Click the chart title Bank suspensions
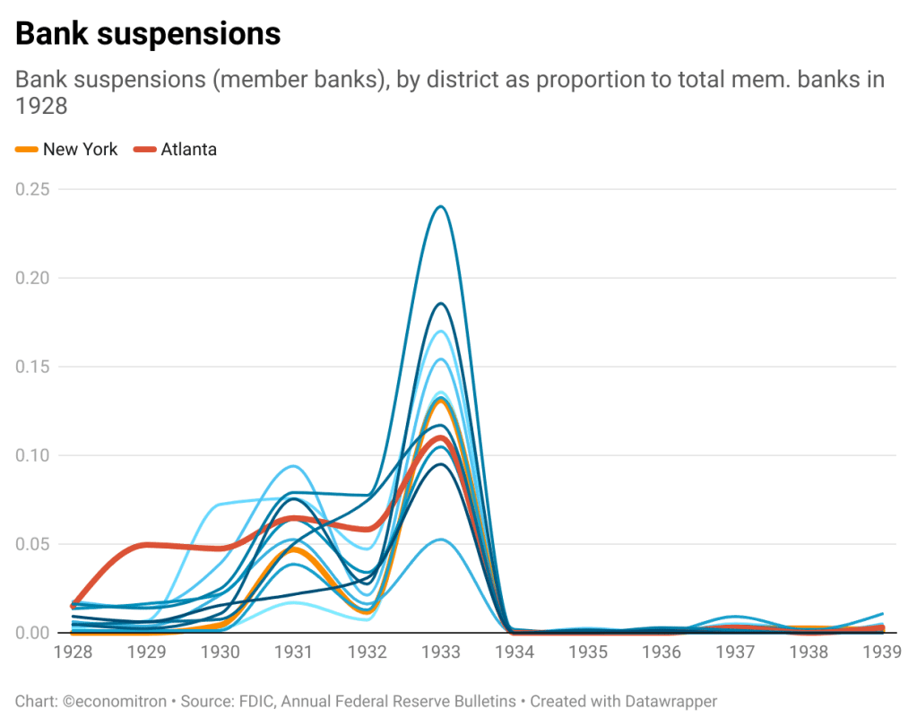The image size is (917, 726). [148, 34]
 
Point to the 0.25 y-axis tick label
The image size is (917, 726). [32, 189]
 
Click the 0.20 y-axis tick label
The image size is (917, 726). [32, 278]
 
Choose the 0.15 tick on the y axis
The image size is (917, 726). [32, 367]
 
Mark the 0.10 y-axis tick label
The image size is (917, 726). [32, 455]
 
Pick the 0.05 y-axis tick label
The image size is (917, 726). [32, 544]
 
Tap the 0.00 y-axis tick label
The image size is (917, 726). [32, 633]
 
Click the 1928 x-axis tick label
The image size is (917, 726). [74, 652]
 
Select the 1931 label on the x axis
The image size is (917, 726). [294, 652]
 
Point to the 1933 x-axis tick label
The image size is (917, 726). [441, 652]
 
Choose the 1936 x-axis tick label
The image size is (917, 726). [662, 652]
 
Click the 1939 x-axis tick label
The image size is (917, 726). [881, 652]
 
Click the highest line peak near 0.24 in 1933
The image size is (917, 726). [441, 206]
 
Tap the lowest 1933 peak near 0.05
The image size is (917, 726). [441, 539]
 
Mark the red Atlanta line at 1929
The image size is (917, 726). [147, 544]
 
